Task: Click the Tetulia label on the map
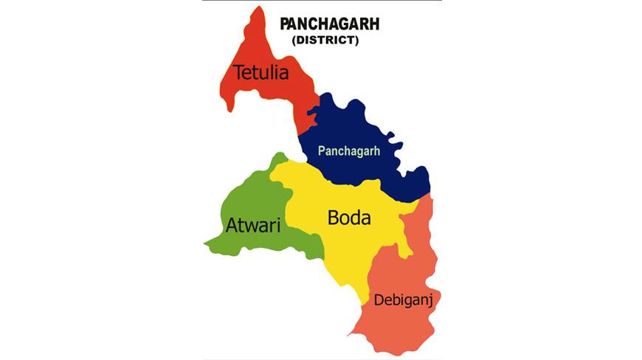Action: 260,72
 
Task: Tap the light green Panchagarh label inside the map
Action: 348,150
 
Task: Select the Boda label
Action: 349,218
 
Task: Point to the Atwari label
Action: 252,225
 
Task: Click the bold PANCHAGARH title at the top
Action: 330,24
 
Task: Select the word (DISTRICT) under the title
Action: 325,41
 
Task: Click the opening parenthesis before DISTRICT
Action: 294,41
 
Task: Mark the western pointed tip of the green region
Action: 205,243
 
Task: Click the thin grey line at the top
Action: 321,1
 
